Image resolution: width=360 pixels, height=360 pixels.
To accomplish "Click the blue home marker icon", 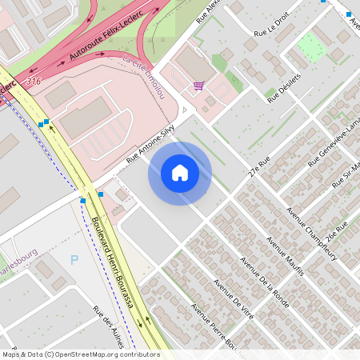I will (180, 173).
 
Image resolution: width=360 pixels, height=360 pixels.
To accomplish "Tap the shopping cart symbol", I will (198, 86).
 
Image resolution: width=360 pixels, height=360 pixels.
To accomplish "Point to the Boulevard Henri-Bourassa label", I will (112, 256).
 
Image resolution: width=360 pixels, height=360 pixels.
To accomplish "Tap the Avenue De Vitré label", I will (233, 300).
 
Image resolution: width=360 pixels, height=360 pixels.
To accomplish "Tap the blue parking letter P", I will (75, 259).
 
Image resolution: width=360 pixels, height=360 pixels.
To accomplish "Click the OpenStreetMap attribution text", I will (80, 354).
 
